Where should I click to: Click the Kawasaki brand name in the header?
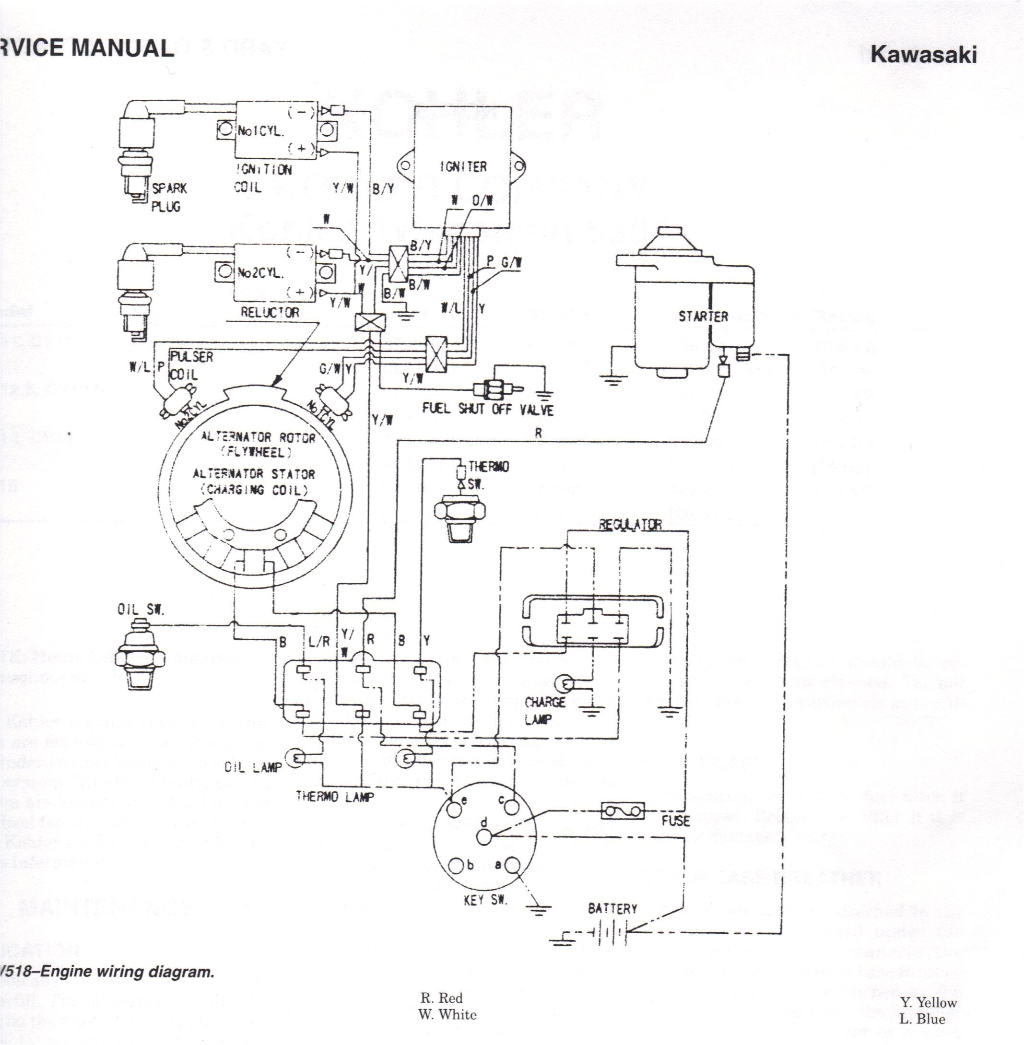pos(923,54)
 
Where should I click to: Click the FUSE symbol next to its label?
pos(622,811)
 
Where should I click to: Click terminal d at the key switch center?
pos(484,836)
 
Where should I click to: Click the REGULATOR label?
pos(630,524)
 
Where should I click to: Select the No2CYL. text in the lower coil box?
pos(260,273)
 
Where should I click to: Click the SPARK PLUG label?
pos(168,197)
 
